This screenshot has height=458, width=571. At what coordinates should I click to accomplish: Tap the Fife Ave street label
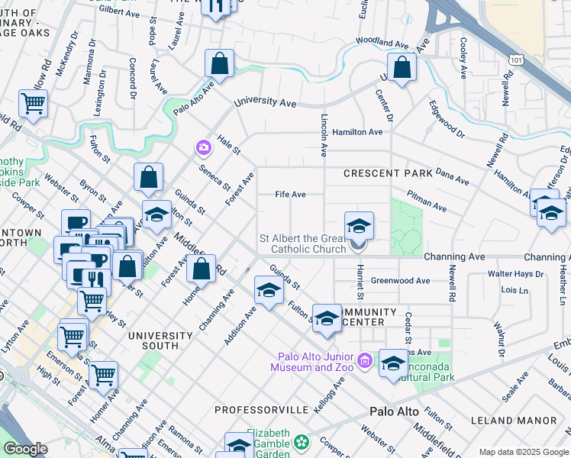[x=290, y=195]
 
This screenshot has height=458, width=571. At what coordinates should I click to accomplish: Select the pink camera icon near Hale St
[x=203, y=147]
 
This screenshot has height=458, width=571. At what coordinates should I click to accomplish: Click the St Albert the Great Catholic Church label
[x=303, y=244]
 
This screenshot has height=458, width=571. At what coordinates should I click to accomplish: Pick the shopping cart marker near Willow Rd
[x=33, y=104]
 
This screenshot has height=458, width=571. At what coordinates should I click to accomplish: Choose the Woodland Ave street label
[x=382, y=43]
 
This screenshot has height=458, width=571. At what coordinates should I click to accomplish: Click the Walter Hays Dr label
[x=515, y=273]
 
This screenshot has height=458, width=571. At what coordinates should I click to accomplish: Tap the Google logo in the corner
[x=26, y=449]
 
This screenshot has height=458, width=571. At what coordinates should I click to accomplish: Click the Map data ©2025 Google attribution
[x=524, y=452]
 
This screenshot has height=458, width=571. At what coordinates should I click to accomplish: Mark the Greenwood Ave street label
[x=400, y=281]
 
